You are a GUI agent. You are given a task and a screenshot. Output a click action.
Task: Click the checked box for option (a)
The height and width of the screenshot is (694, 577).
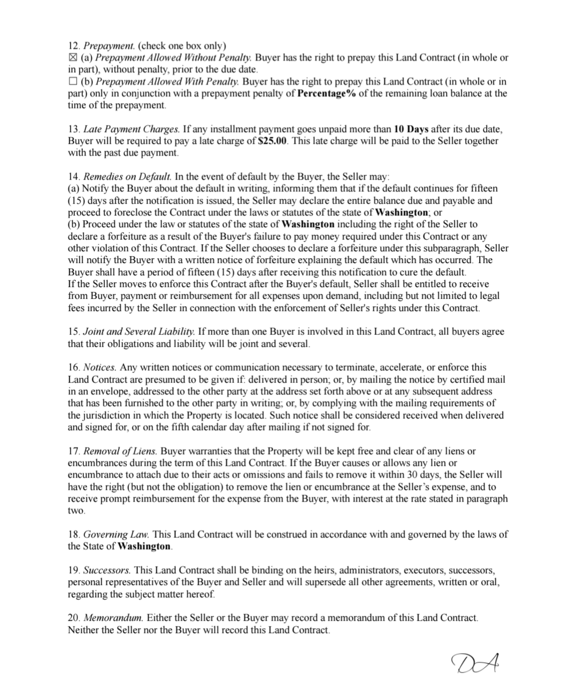(73, 58)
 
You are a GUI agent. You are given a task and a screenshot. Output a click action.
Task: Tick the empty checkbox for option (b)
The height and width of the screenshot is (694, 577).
(73, 82)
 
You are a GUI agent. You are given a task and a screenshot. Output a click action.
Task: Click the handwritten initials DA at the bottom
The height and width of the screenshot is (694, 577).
(478, 664)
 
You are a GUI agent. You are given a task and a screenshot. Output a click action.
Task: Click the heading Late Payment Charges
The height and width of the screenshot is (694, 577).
(132, 129)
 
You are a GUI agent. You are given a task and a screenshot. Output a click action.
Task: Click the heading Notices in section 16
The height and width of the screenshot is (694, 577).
(100, 367)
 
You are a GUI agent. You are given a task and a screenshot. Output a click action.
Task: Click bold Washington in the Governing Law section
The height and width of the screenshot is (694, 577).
(144, 546)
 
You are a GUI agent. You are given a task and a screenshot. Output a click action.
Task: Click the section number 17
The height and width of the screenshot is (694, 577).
(73, 451)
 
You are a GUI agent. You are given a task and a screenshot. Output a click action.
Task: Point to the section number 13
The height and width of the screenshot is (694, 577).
(73, 129)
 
